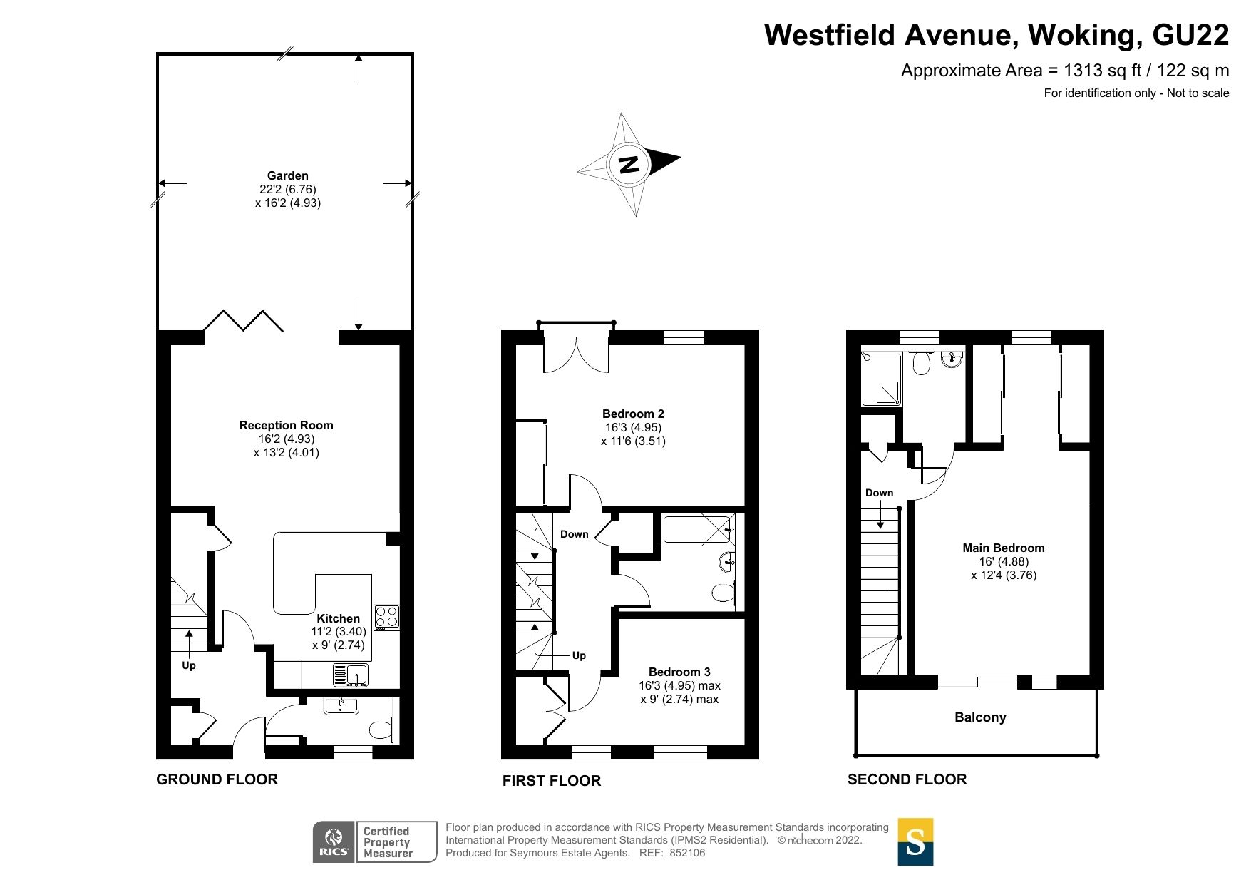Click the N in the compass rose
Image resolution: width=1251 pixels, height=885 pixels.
point(629,165)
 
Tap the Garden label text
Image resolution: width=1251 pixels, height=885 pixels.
point(287,175)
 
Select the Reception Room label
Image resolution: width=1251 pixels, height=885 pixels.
point(286,425)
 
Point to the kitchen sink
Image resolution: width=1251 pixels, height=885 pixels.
point(350,674)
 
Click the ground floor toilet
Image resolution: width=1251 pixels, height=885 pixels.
point(381,730)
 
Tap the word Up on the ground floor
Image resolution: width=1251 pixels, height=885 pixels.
point(188,665)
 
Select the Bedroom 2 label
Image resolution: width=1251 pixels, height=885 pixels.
point(633,414)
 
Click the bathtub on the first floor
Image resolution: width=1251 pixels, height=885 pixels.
point(696,530)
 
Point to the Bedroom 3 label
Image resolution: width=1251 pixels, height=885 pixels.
point(679,672)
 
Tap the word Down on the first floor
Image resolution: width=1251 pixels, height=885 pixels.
point(574,534)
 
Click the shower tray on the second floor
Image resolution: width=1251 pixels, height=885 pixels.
point(881,379)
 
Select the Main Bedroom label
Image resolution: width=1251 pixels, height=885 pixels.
point(1003,548)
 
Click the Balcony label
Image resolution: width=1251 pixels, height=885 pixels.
point(980,717)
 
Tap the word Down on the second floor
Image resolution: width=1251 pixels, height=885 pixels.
point(879,493)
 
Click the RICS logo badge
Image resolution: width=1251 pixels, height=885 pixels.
point(333,841)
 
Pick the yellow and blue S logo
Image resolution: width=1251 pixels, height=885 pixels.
point(915,841)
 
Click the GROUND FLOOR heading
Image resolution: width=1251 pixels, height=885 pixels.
point(217,779)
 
